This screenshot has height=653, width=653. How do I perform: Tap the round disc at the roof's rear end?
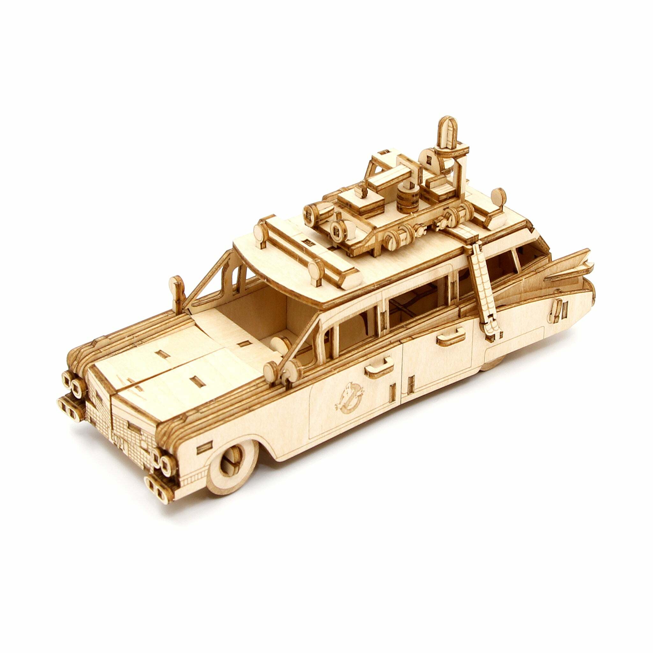(498, 196)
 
